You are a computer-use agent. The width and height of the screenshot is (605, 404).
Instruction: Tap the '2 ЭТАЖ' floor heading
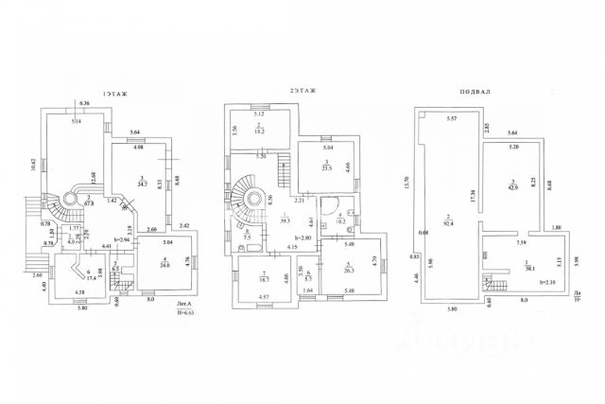point(302,92)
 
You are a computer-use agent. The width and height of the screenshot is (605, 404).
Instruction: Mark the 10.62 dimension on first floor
point(34,164)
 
